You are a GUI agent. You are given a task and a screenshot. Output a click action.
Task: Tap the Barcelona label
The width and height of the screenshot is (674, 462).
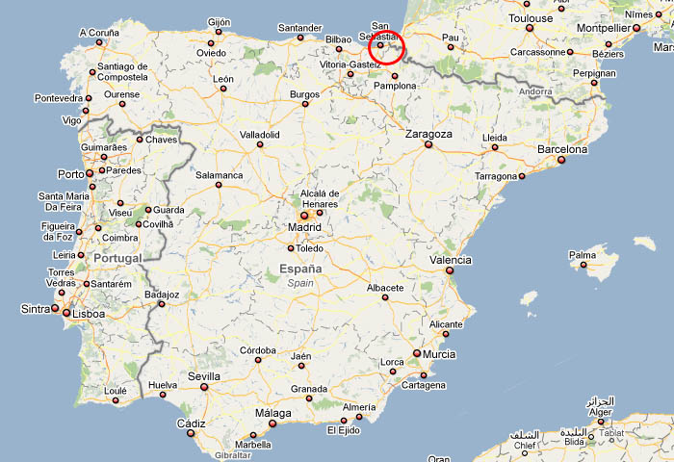(561, 149)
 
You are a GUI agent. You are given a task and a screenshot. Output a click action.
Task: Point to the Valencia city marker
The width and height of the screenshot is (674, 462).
(449, 271)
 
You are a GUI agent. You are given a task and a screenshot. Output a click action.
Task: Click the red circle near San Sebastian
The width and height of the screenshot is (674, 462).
(386, 46)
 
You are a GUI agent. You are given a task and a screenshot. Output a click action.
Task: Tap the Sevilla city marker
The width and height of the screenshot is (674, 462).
(203, 388)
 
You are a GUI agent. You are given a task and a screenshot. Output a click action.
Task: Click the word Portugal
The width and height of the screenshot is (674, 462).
(117, 258)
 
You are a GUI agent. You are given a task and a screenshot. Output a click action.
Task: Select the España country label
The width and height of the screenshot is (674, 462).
(300, 269)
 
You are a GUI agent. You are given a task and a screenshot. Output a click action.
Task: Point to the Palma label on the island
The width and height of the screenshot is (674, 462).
(583, 256)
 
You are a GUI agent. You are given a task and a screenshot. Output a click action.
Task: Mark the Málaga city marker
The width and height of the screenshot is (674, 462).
(272, 423)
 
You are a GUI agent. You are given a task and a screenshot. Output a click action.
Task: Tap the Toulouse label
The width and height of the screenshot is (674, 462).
(531, 18)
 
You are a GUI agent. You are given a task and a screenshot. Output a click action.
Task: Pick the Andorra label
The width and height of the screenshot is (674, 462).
(534, 91)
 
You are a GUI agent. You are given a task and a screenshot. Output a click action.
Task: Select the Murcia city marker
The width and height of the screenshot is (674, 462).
(417, 353)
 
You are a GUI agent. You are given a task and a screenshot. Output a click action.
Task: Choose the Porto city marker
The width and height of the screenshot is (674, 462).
(90, 173)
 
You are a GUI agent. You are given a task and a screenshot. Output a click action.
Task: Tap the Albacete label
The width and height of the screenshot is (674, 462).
(385, 287)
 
